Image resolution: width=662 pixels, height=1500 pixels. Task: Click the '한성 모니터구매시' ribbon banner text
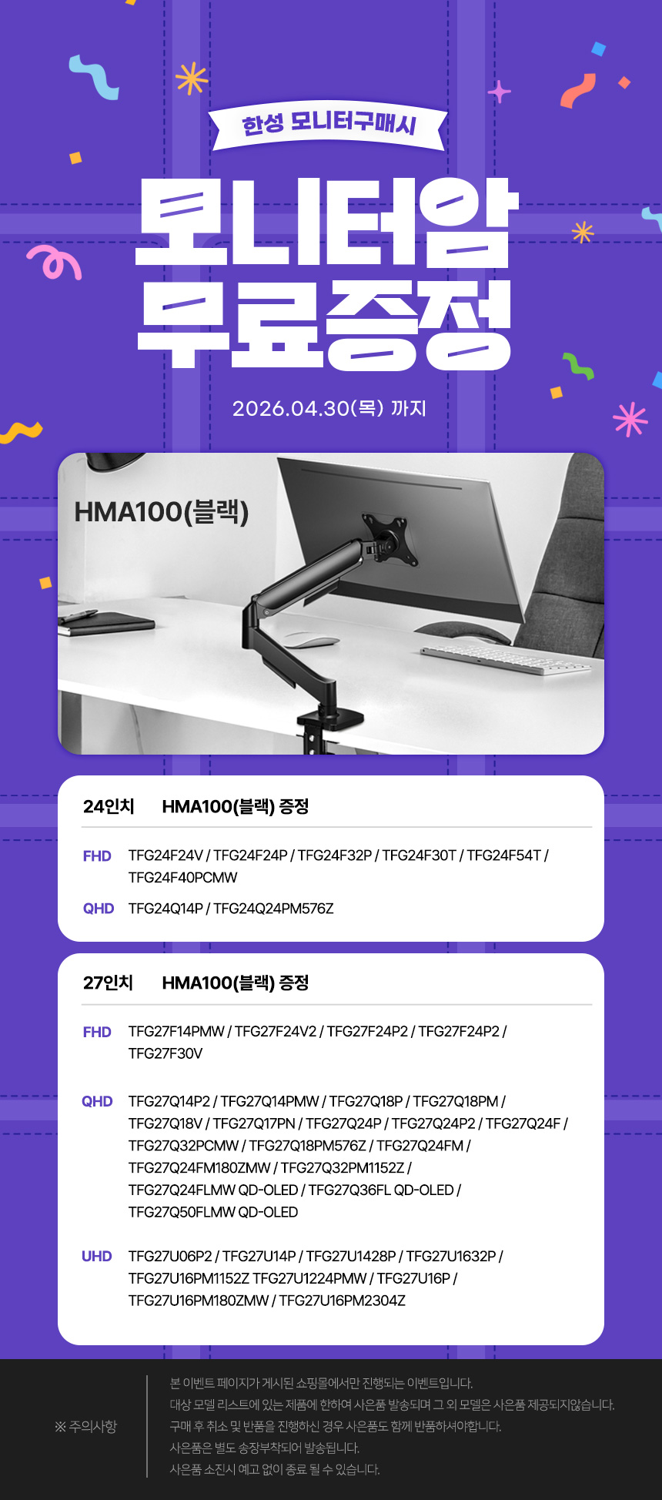pos(329,124)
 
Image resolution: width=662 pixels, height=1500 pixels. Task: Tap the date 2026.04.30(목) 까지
pos(329,408)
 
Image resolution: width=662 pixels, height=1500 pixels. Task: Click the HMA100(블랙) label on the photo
pos(162,512)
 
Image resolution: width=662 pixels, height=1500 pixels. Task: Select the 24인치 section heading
pos(109,806)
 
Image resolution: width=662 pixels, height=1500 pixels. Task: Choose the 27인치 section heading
pos(109,983)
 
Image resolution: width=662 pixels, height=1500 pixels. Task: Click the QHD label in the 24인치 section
pos(99,909)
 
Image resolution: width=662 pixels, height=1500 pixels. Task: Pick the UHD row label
pos(97,1256)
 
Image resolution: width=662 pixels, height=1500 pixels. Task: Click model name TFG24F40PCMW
pos(183,878)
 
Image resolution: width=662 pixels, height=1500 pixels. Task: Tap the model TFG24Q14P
pos(165,909)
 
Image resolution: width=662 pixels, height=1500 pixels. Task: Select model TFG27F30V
pos(165,1053)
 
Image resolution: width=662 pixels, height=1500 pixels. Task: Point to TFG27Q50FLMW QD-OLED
pos(213,1212)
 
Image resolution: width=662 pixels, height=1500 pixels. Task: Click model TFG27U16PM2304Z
pos(343,1301)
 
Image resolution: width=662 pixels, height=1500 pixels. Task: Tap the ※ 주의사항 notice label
pos(85,1427)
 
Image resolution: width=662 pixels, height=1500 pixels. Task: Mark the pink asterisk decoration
pos(630,419)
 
